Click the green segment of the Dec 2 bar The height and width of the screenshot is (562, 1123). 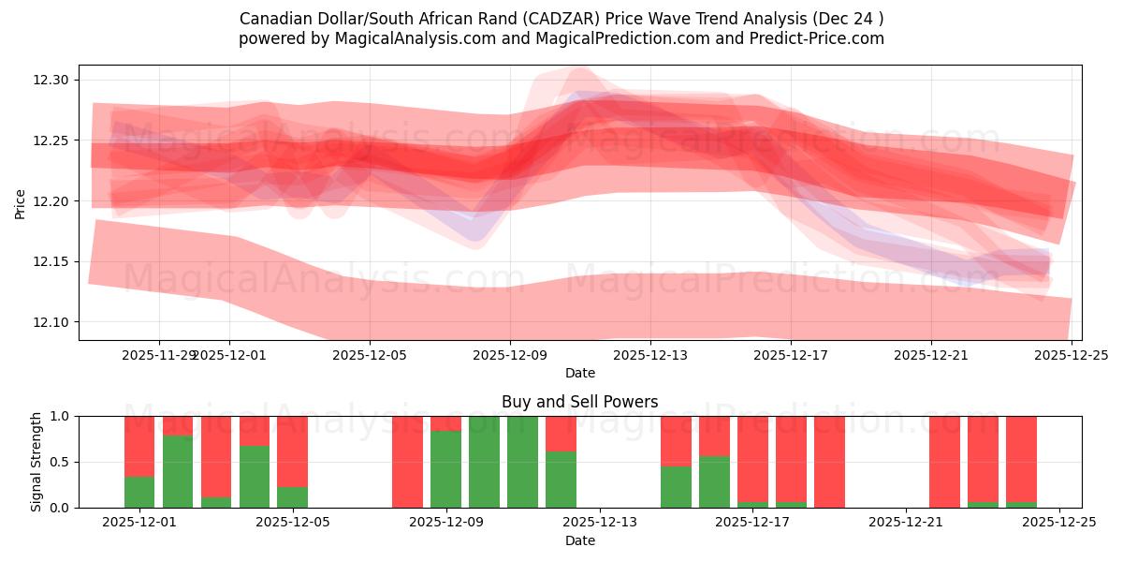pyautogui.click(x=178, y=471)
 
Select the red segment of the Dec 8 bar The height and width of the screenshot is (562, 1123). pyautogui.click(x=408, y=462)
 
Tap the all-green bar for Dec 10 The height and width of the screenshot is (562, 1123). pyautogui.click(x=522, y=462)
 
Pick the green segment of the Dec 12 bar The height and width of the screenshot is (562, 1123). pyautogui.click(x=561, y=480)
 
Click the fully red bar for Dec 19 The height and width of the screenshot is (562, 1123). pyautogui.click(x=829, y=462)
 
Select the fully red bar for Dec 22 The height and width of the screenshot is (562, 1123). pyautogui.click(x=944, y=462)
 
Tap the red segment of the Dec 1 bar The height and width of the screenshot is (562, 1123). pyautogui.click(x=139, y=446)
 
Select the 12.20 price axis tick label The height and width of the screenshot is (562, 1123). pyautogui.click(x=51, y=201)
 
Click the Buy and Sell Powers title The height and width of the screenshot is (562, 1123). pyautogui.click(x=579, y=402)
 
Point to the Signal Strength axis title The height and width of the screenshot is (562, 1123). pyautogui.click(x=36, y=462)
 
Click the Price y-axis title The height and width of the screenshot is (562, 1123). pyautogui.click(x=21, y=203)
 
